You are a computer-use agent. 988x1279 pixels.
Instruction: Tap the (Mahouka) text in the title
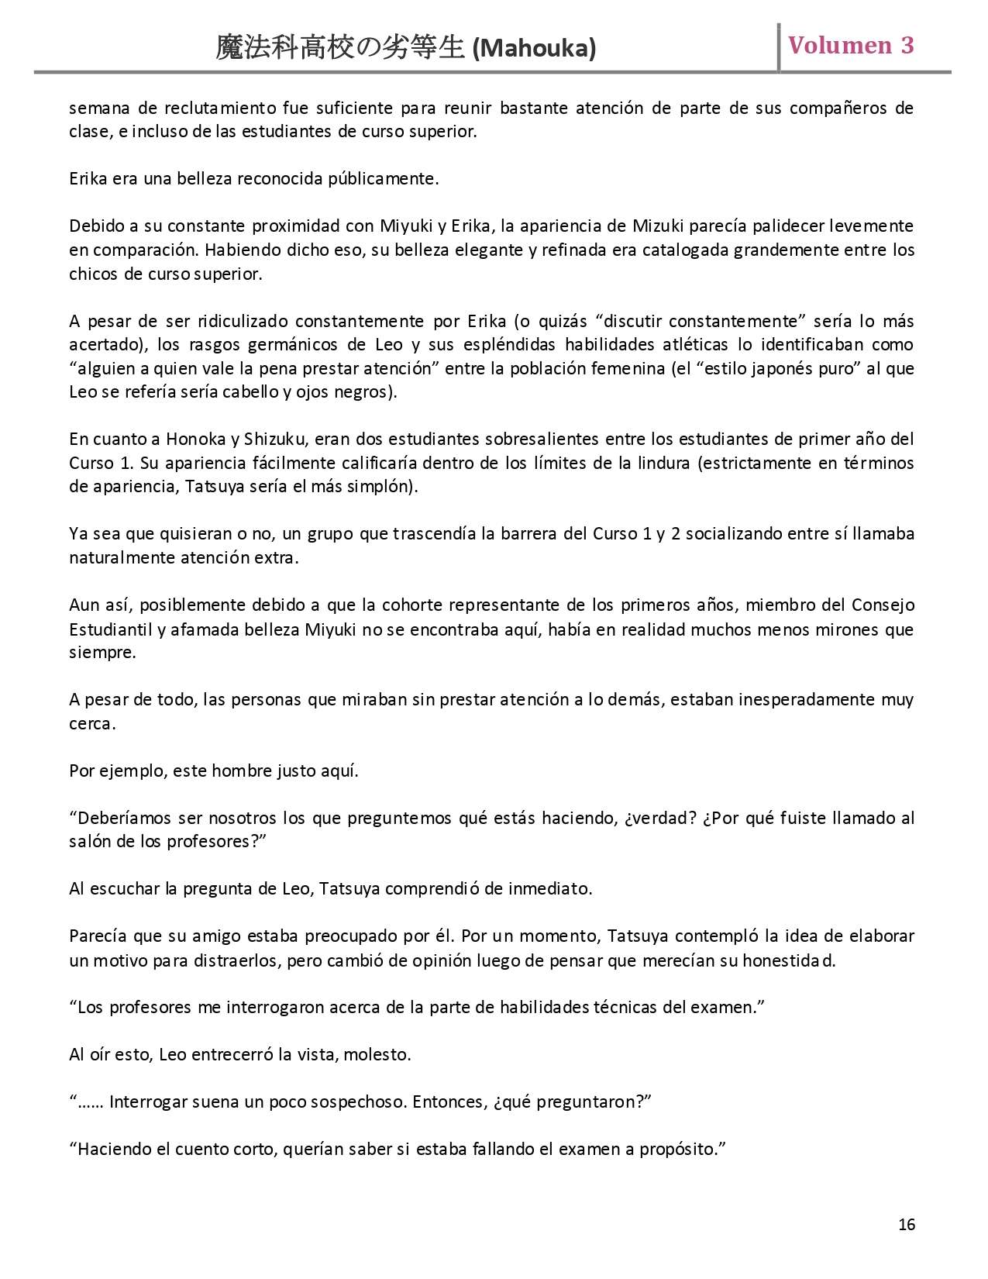click(x=534, y=49)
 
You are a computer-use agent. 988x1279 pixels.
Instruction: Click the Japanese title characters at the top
click(x=340, y=48)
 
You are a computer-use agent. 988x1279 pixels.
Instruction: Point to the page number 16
click(x=907, y=1225)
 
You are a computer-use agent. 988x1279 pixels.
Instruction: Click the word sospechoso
click(x=356, y=1101)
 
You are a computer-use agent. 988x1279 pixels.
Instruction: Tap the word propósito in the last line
click(x=679, y=1149)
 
